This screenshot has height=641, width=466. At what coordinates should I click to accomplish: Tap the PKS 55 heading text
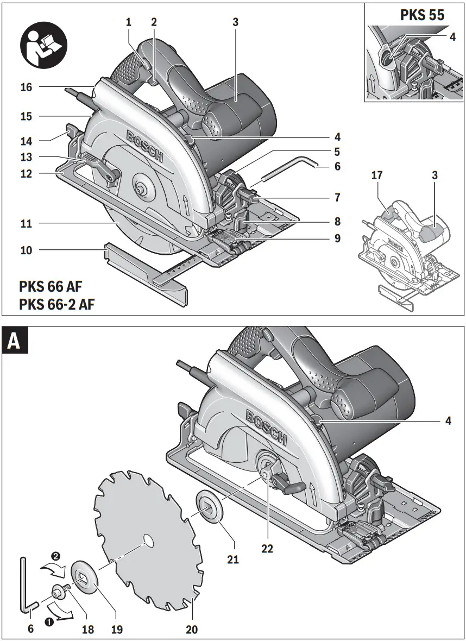[422, 15]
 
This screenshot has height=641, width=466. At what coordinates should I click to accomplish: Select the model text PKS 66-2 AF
[56, 304]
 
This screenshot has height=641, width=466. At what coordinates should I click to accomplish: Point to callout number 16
[26, 87]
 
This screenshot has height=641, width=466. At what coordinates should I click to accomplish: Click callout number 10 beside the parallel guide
[26, 250]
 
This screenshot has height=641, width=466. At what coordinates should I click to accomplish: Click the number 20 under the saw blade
[192, 630]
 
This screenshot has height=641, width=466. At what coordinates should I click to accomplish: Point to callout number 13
[26, 157]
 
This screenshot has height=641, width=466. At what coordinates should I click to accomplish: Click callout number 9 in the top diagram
[337, 237]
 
